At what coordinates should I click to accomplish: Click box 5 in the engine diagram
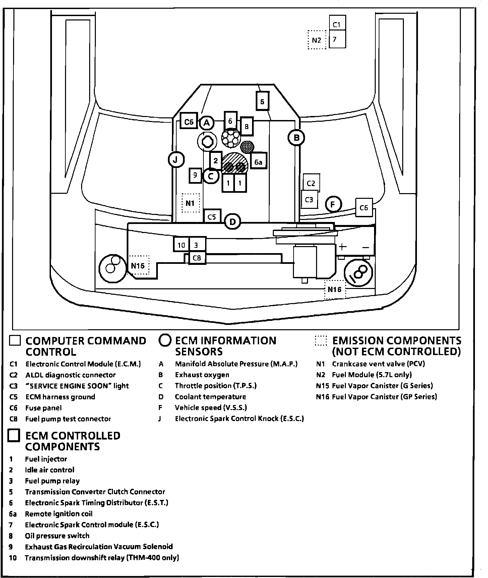(262, 101)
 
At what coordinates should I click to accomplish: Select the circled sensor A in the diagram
(207, 123)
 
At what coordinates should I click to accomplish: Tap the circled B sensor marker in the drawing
(296, 137)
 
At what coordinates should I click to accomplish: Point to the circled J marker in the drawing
(176, 160)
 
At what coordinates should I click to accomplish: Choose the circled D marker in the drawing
(232, 222)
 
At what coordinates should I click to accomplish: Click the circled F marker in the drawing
(333, 204)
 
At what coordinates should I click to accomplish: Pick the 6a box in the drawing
(258, 162)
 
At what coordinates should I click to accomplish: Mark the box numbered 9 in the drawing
(195, 175)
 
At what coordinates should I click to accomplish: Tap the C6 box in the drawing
(364, 208)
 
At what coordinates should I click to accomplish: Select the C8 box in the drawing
(197, 258)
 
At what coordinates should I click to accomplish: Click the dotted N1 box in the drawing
(190, 203)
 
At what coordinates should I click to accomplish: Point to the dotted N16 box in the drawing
(334, 289)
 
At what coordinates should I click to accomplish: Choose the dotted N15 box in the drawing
(138, 266)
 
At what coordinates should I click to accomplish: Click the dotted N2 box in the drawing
(317, 40)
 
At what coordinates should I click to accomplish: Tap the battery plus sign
(342, 247)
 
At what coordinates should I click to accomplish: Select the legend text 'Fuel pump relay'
(52, 481)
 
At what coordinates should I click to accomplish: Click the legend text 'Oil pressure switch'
(57, 536)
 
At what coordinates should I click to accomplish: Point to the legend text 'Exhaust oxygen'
(202, 375)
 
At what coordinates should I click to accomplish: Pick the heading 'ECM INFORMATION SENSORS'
(226, 346)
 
